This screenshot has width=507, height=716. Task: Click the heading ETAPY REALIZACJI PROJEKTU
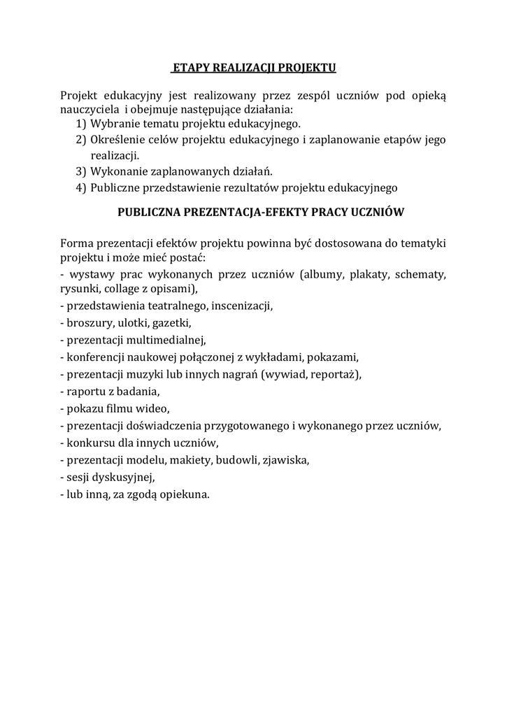254,68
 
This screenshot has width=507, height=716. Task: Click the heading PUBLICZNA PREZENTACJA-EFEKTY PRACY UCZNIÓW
261,210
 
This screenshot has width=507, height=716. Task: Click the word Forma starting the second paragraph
76,243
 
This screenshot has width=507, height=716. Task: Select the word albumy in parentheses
322,275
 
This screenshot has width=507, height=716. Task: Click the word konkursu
90,443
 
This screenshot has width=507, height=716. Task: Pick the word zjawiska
285,460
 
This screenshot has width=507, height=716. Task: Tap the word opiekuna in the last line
185,494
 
